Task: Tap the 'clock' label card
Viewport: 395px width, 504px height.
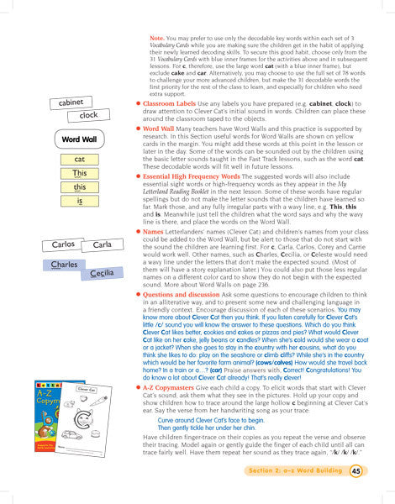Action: point(88,115)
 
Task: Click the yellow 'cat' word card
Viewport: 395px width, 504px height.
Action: point(79,159)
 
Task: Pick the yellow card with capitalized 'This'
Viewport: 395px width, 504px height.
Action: point(79,173)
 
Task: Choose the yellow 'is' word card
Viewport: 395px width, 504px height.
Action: point(79,202)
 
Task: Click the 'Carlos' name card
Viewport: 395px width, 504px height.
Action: point(63,244)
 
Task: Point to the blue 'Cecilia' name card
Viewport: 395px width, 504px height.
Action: point(102,273)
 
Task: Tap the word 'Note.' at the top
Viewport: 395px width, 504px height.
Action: point(157,38)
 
